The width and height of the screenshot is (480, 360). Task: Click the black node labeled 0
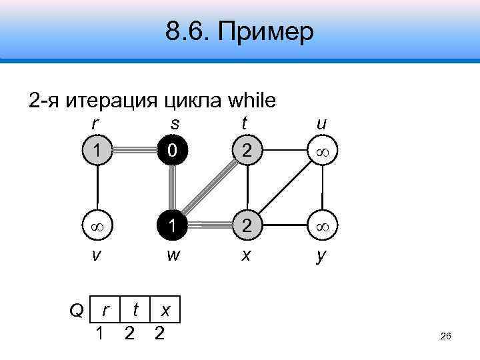(x=173, y=153)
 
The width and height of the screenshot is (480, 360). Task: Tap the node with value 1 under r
(x=98, y=153)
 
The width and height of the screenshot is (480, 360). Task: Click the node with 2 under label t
(x=247, y=153)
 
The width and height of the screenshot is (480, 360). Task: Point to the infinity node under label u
(x=322, y=153)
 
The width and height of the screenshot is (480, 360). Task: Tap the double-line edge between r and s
(x=135, y=153)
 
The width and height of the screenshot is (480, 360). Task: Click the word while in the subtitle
(x=251, y=101)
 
